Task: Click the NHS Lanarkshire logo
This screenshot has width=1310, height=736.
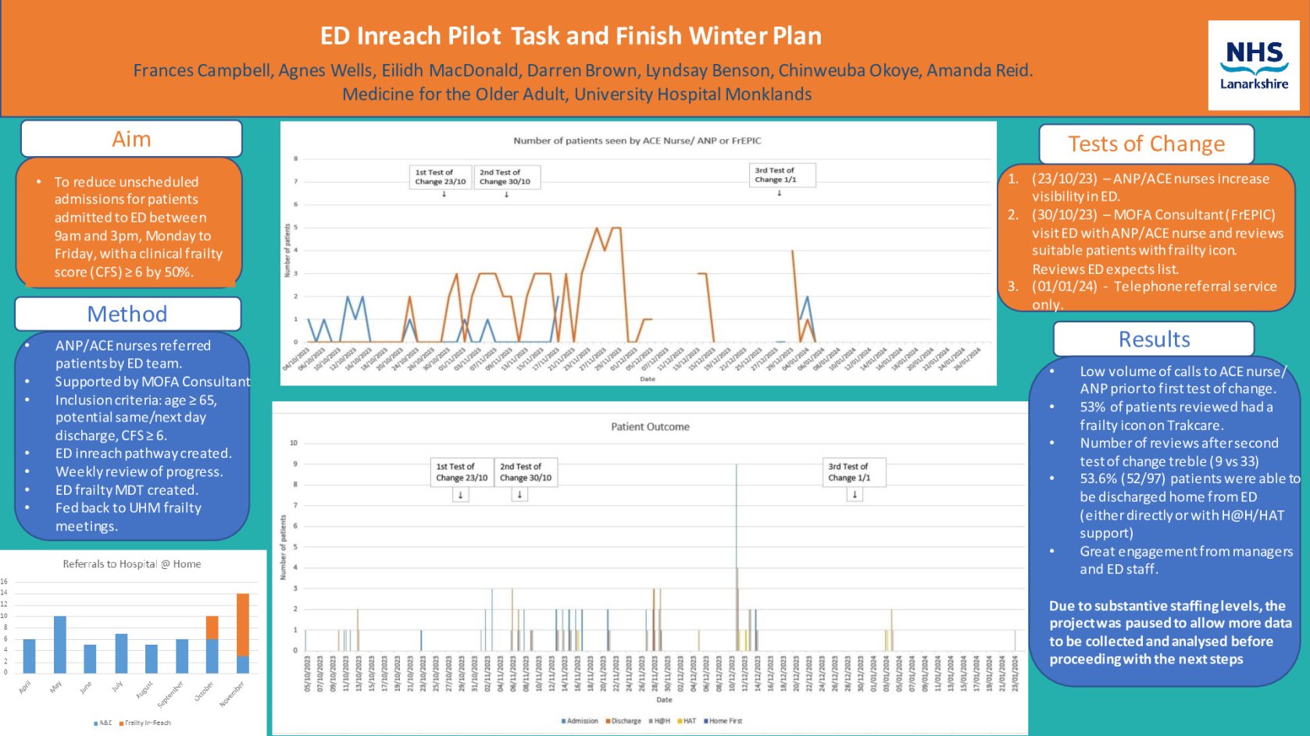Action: coord(1253,65)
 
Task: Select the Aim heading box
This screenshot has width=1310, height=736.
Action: coord(131,139)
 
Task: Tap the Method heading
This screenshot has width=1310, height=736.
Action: coord(127,314)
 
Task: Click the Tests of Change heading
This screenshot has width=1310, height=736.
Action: coord(1146,144)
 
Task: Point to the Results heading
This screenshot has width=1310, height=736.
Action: coord(1154,340)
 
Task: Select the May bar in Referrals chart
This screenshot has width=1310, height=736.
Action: coord(59,644)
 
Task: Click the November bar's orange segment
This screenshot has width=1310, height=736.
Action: coord(243,624)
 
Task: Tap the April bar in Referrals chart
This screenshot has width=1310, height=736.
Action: coord(30,656)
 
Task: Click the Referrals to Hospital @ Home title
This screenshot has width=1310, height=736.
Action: coord(131,564)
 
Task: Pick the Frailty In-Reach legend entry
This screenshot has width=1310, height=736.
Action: coord(147,723)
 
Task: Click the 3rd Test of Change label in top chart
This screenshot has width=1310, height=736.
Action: coord(774,175)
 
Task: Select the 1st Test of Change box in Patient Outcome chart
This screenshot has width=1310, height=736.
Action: coord(461,472)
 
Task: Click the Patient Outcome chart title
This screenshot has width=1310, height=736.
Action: coord(650,427)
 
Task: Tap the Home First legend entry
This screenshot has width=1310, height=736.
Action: coord(725,721)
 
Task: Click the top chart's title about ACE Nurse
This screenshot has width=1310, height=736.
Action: coord(637,140)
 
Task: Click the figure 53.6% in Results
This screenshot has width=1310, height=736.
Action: coord(1100,478)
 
